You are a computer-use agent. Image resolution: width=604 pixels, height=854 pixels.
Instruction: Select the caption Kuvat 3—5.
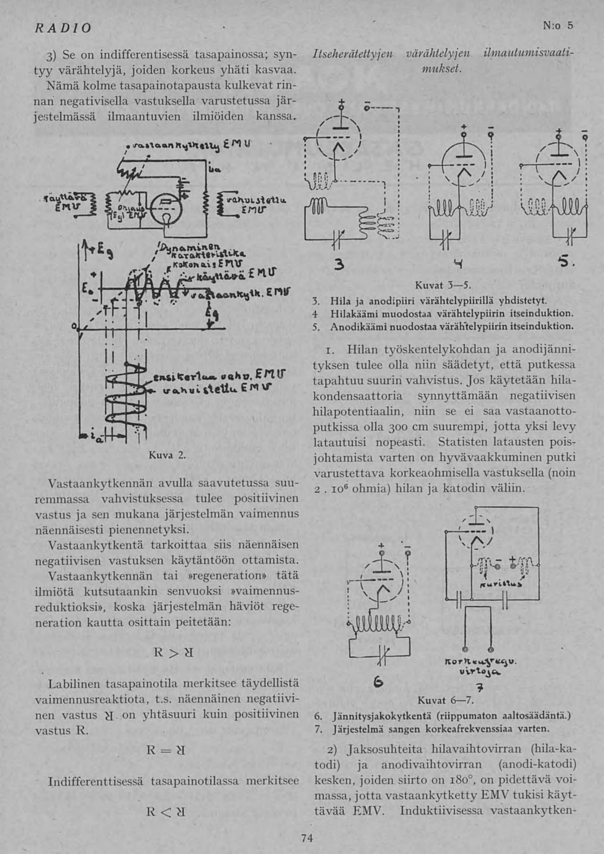pos(443,286)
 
